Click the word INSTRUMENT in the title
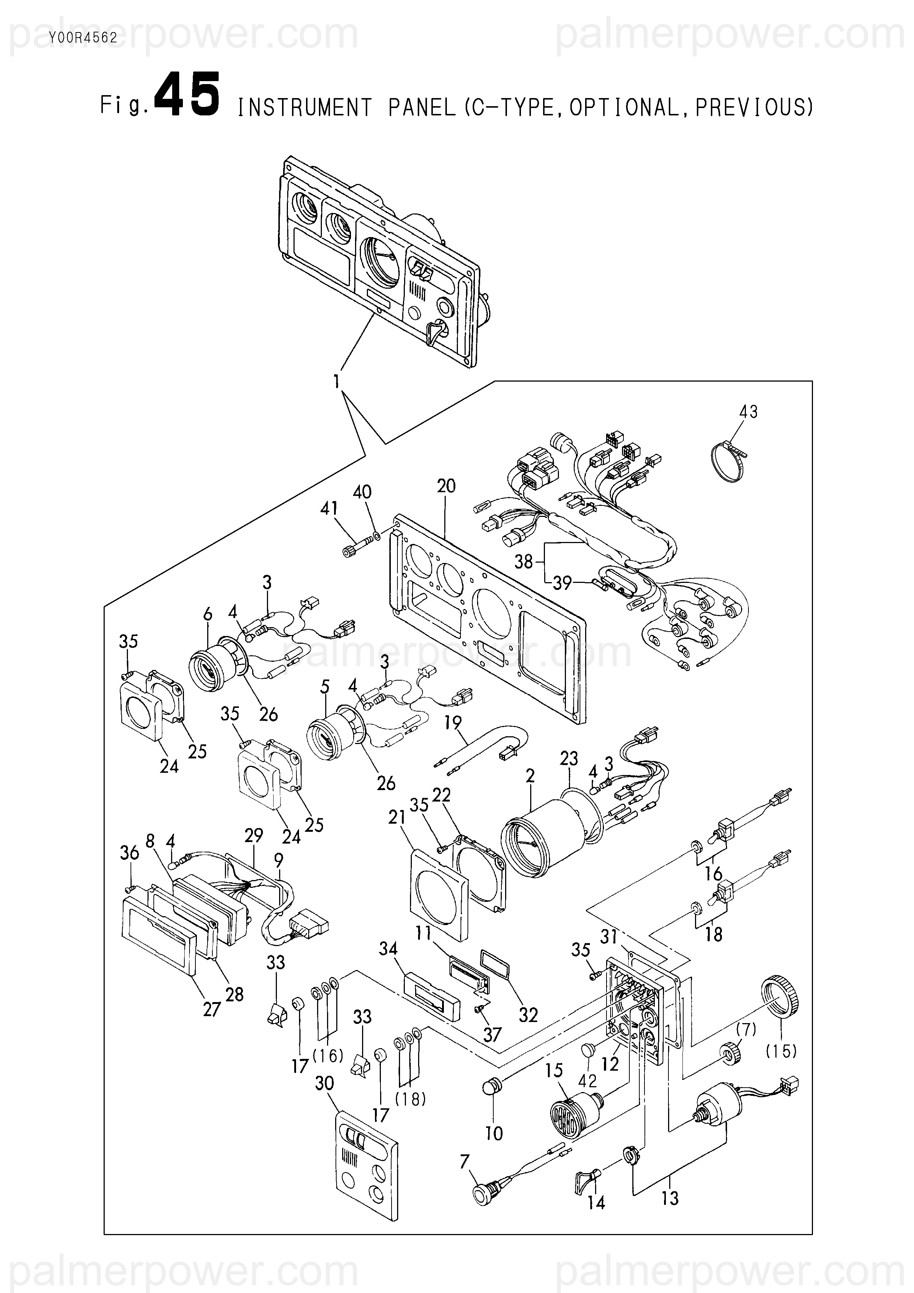point(305,108)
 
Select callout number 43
point(748,412)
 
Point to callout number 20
point(446,486)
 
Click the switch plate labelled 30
point(366,1168)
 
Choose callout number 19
point(453,723)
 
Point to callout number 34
point(388,949)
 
